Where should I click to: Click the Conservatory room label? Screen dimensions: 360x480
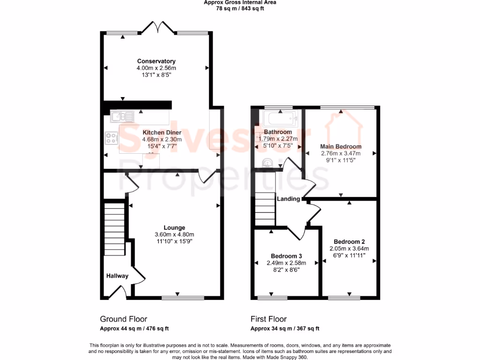(x=156, y=61)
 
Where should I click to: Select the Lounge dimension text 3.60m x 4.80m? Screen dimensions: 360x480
(x=174, y=235)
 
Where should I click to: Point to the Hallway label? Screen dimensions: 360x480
(x=117, y=276)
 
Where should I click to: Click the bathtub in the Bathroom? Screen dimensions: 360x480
(x=280, y=119)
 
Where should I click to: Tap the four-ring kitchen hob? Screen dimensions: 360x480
(x=112, y=138)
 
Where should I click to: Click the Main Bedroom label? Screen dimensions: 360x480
(x=341, y=146)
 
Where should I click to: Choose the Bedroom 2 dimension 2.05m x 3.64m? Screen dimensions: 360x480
(x=349, y=248)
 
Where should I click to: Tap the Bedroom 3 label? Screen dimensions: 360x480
(x=286, y=256)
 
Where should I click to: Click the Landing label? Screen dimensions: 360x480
(x=288, y=199)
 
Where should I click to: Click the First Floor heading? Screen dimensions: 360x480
(x=269, y=319)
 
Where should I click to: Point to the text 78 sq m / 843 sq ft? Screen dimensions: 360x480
(x=240, y=8)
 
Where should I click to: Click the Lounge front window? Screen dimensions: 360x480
(x=183, y=297)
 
